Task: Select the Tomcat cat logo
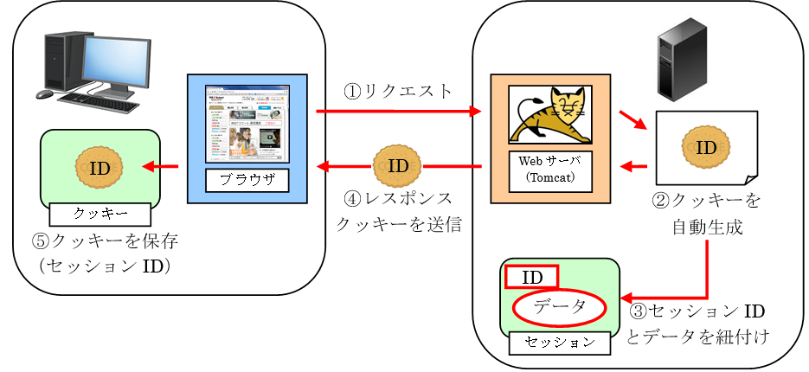(549, 114)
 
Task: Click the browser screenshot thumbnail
(247, 123)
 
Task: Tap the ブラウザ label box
(247, 181)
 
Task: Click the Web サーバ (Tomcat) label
(550, 169)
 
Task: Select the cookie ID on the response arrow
(398, 165)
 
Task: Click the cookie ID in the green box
(100, 168)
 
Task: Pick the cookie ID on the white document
(706, 147)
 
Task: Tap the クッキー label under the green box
(101, 212)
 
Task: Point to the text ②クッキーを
(706, 201)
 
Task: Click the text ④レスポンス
(397, 199)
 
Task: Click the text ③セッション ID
(698, 311)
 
